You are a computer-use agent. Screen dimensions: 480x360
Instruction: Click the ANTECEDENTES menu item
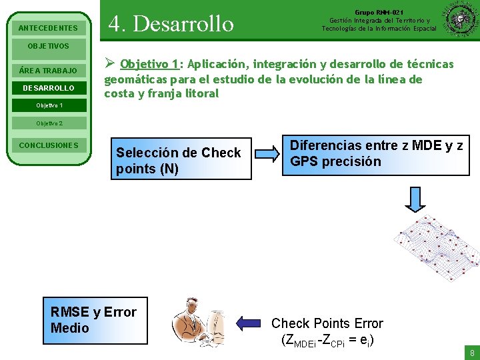(48, 29)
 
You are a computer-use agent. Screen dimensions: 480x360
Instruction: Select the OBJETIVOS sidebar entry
(48, 46)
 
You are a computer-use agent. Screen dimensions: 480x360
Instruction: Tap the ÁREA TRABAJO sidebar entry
(48, 71)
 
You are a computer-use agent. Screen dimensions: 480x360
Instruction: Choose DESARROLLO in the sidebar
(48, 88)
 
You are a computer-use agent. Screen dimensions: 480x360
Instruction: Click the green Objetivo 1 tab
(48, 106)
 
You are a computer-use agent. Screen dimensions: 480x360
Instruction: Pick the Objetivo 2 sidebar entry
(48, 123)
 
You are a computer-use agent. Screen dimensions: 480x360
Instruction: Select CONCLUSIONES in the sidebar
(48, 145)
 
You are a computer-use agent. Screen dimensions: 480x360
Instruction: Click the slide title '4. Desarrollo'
(171, 24)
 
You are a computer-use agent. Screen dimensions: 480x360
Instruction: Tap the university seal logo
(459, 20)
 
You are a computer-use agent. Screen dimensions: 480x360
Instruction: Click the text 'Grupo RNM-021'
(379, 12)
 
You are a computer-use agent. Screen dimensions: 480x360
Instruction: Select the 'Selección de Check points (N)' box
(181, 161)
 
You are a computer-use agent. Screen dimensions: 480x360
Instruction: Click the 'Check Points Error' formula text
(327, 331)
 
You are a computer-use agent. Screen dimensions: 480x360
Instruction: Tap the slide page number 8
(472, 353)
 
